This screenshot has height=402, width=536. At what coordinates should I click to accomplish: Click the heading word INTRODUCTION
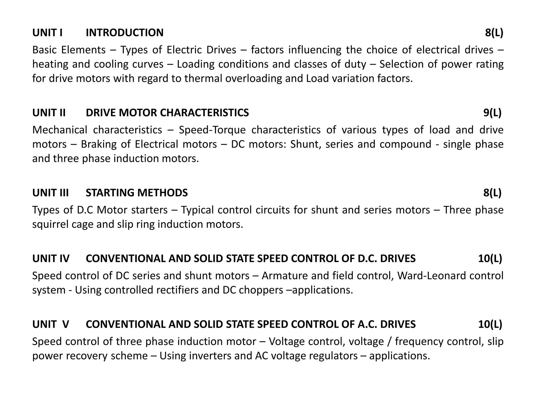125,33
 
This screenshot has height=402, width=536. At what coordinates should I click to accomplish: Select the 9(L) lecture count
492,113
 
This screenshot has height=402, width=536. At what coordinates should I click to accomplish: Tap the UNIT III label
51,193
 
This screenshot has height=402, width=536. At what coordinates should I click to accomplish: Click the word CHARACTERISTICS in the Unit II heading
204,113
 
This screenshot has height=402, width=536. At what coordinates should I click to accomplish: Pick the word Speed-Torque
212,130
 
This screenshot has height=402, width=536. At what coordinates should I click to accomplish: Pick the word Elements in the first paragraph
83,50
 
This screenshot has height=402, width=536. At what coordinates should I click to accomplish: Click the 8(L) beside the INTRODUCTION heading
494,33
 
